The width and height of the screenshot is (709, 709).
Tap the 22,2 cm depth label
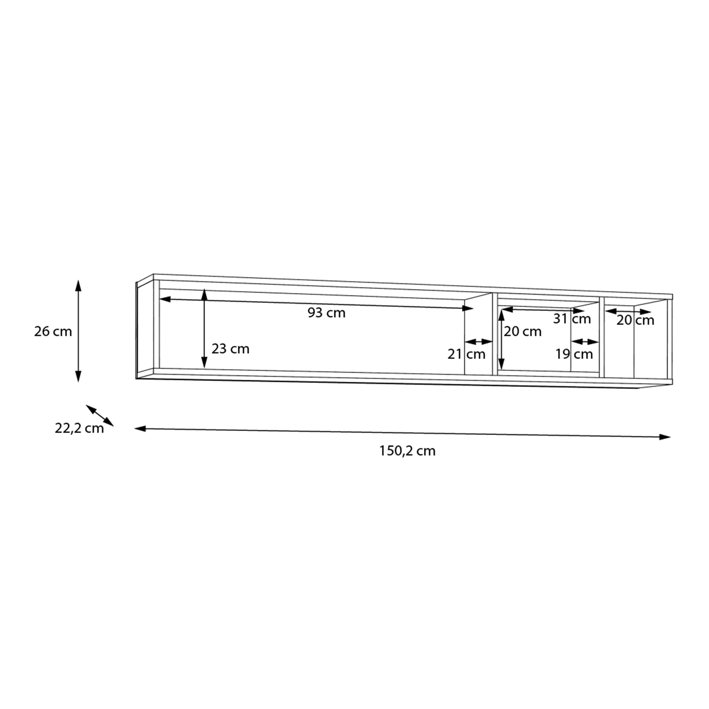[x=79, y=428]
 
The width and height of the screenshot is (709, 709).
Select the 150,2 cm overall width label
[x=407, y=451]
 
